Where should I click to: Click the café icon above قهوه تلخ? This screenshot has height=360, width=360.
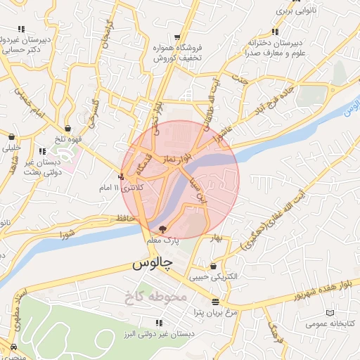(x=67, y=128)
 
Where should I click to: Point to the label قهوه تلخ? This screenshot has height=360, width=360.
(x=70, y=139)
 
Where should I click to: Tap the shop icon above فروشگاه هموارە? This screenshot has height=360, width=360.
(x=179, y=37)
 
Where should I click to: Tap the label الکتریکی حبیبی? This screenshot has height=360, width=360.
(x=214, y=277)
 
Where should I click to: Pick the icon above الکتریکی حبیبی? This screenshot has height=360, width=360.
(x=213, y=266)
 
